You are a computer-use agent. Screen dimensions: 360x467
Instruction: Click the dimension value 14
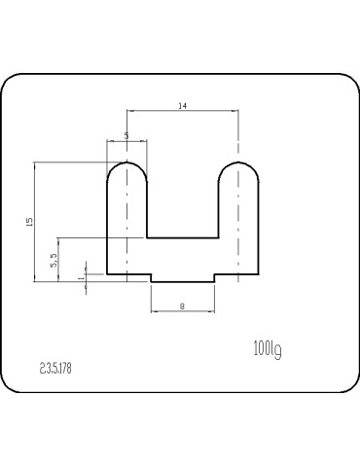183,106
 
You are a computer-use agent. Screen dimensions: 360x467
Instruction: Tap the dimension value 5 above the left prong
126,135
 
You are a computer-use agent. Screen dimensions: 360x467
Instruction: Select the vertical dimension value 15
29,222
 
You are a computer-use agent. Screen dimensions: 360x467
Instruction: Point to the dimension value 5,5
54,260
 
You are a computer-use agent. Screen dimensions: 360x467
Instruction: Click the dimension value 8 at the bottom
182,305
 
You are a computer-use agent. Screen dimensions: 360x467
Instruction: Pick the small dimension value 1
82,277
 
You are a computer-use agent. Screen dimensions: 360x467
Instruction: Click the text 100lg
268,349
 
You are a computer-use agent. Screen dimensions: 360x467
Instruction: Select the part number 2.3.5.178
55,369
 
